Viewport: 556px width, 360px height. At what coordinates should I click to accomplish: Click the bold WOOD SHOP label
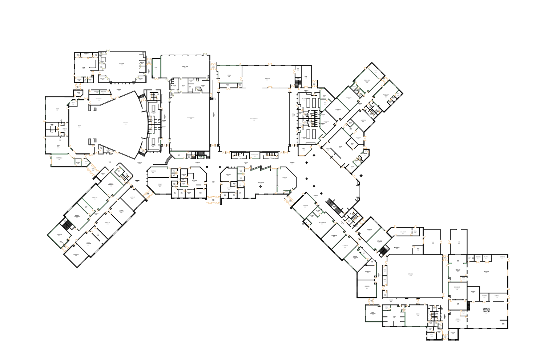pyautogui.click(x=486, y=310)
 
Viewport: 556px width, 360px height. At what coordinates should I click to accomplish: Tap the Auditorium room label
pyautogui.click(x=125, y=124)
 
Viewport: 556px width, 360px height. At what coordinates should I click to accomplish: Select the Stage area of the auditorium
pyautogui.click(x=79, y=126)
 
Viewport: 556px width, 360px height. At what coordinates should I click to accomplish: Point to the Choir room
pyautogui.click(x=83, y=68)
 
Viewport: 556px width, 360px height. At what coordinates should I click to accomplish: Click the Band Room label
pyautogui.click(x=121, y=64)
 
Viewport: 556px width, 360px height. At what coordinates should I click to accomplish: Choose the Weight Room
pyautogui.click(x=185, y=67)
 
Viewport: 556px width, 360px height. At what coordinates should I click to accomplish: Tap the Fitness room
pyautogui.click(x=229, y=76)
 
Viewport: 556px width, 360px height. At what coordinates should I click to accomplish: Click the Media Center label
pyautogui.click(x=261, y=183)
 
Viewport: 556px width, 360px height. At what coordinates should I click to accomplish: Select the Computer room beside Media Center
pyautogui.click(x=285, y=178)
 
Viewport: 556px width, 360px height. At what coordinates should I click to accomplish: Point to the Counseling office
pyautogui.click(x=228, y=175)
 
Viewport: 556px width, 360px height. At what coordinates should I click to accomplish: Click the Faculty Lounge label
pyautogui.click(x=160, y=185)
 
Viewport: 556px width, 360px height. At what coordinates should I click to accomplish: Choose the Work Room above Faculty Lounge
pyautogui.click(x=153, y=171)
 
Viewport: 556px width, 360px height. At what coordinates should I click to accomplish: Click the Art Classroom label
pyautogui.click(x=322, y=223)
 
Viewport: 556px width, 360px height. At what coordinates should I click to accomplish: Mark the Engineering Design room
pyautogui.click(x=457, y=288)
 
